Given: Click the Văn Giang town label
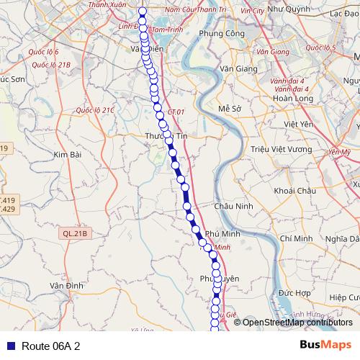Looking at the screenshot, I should [x=237, y=68].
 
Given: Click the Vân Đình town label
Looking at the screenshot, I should [x=66, y=286].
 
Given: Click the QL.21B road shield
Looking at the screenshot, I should [x=74, y=233].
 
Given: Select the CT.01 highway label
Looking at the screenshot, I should [x=176, y=112].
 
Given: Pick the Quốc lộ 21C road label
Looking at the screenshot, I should [x=94, y=110].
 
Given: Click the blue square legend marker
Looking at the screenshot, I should [x=9, y=346].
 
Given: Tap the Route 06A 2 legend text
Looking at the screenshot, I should [x=50, y=346].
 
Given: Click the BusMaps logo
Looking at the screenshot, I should [x=325, y=345].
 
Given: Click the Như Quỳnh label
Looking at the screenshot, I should [x=285, y=11].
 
